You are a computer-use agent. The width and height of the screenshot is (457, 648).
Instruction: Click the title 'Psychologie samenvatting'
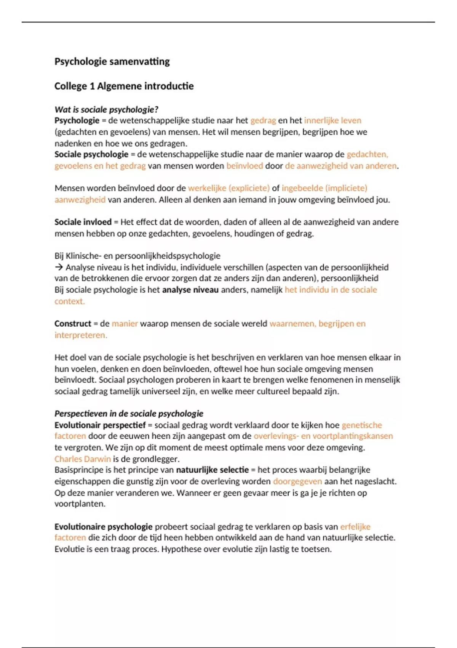[x=112, y=61]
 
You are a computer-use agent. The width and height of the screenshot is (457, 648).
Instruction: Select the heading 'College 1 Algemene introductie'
[x=124, y=86]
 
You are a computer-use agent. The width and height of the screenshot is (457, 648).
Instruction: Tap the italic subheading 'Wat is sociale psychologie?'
[x=106, y=110]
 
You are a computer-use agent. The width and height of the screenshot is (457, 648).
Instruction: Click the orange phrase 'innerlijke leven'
[x=332, y=120]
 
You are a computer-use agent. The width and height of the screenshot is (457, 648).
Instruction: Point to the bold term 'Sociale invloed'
[x=83, y=222]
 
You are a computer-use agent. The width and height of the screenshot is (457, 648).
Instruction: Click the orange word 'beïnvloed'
[x=244, y=166]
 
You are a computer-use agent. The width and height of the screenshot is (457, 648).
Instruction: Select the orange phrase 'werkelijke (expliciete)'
[x=228, y=188]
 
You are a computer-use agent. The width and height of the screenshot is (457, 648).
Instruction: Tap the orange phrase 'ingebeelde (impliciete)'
[x=324, y=188]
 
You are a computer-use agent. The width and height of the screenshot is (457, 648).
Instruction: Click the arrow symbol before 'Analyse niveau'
[x=59, y=267]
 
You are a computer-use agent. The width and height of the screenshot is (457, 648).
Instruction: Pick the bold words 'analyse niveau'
[x=190, y=290]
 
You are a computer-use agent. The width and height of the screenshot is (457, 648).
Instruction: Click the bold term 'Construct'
[x=73, y=324]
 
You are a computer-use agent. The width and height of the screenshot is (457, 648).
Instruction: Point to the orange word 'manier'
[x=125, y=324]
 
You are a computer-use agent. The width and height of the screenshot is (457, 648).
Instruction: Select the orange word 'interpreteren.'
[x=81, y=335]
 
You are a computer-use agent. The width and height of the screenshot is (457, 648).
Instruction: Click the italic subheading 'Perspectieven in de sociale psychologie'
[x=129, y=414]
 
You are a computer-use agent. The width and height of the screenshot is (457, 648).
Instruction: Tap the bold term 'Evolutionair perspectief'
[x=100, y=425]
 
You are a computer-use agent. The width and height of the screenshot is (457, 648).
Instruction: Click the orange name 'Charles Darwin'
[x=83, y=459]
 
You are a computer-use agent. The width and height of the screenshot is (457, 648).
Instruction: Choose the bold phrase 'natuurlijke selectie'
[x=212, y=470]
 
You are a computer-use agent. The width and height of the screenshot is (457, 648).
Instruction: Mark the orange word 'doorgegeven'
[x=297, y=481]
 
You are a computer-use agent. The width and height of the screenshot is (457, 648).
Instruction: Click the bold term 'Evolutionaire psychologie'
[x=103, y=527]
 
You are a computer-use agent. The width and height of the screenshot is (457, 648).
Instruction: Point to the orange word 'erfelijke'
[x=355, y=527]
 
